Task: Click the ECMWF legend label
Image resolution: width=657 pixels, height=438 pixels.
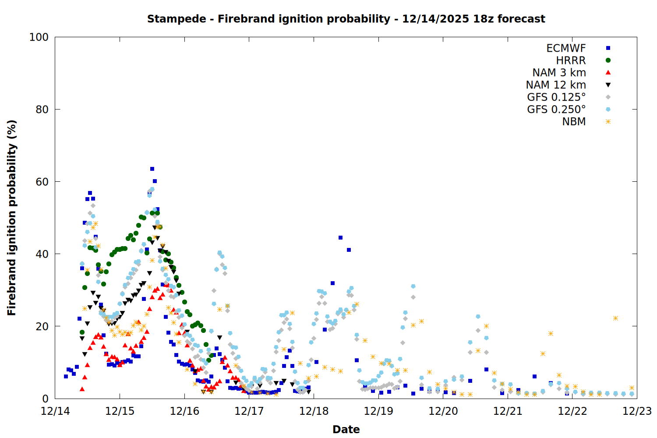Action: click(566, 48)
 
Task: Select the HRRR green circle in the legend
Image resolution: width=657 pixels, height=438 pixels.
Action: click(608, 60)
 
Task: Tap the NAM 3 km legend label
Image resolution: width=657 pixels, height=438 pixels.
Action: click(559, 73)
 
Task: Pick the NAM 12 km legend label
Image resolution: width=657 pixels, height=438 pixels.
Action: click(556, 85)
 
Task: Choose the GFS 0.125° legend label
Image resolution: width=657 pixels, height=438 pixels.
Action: click(556, 97)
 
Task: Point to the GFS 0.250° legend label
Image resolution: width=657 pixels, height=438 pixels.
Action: click(556, 109)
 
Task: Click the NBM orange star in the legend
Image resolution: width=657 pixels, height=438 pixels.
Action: click(608, 122)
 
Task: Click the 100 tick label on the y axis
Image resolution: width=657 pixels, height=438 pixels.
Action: click(39, 37)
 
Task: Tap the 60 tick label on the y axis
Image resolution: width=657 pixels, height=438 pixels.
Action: click(42, 182)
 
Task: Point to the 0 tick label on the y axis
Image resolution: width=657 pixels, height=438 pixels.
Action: click(45, 399)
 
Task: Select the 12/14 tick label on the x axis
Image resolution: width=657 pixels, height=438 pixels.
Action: click(55, 411)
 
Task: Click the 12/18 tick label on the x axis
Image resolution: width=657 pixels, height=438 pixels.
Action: click(314, 411)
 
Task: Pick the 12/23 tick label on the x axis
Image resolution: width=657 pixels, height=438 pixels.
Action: click(637, 411)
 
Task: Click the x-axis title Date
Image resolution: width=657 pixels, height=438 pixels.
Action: click(346, 429)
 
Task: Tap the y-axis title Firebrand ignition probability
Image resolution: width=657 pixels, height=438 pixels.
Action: click(12, 218)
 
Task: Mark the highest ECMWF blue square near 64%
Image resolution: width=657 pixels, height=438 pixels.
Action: click(152, 169)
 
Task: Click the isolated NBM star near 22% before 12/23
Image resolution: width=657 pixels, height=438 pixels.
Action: click(615, 318)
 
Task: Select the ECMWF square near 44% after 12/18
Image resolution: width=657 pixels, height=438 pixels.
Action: click(340, 238)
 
